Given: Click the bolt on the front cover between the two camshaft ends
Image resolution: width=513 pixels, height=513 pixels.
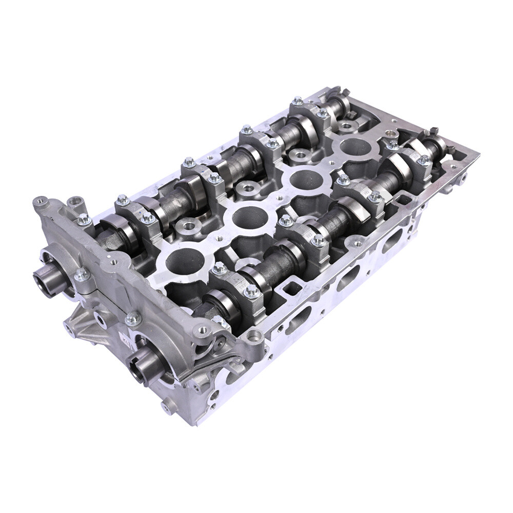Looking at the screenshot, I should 82,275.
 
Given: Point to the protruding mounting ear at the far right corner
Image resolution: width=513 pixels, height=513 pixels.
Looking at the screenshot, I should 463,177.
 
